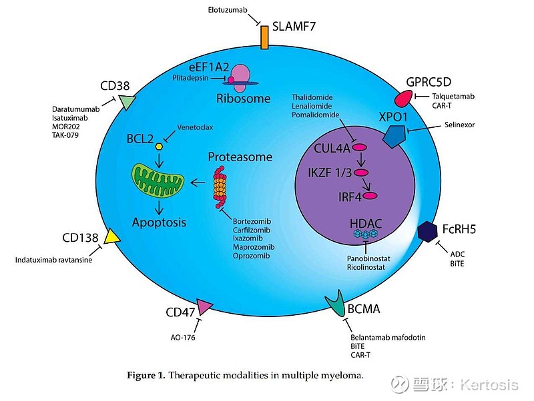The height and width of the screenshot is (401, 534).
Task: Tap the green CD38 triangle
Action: (x=125, y=102)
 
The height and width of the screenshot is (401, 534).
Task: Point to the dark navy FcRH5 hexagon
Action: (x=427, y=231)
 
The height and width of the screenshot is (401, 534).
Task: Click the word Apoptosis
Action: (x=160, y=222)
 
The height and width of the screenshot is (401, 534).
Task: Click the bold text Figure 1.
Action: (x=146, y=376)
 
